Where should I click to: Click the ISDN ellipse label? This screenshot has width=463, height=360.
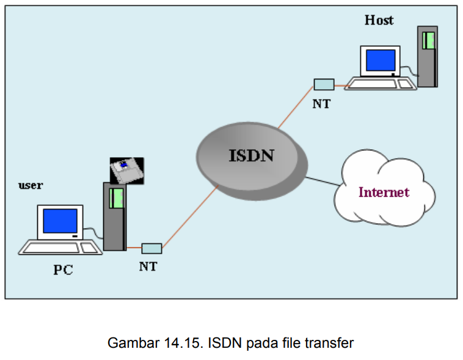251,156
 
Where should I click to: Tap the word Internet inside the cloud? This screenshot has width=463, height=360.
384,192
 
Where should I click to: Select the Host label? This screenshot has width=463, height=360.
379,20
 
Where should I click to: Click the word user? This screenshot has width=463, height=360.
31,185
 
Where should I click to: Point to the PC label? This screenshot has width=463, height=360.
62,270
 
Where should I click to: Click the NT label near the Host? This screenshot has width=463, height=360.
321,104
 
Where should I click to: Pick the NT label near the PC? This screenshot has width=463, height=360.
148,266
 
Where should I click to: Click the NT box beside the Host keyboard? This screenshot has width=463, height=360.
324,84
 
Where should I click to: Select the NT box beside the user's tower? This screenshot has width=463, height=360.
151,248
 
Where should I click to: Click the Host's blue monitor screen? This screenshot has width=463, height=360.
381,61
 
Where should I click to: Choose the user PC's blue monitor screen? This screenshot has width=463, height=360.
60,221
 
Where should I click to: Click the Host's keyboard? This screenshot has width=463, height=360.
379,84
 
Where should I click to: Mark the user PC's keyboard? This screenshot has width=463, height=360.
60,248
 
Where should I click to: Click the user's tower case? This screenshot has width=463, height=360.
114,217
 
